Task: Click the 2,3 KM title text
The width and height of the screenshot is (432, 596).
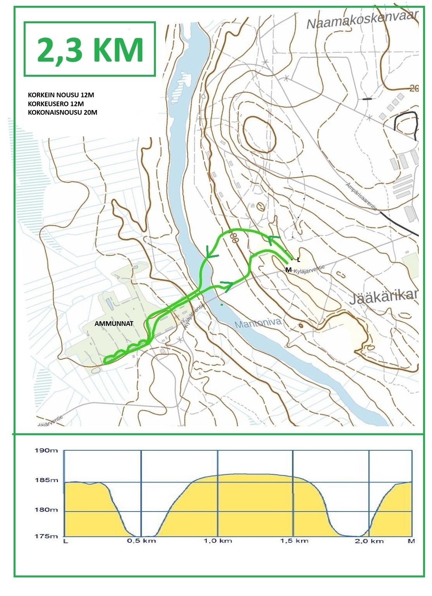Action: pyautogui.click(x=90, y=50)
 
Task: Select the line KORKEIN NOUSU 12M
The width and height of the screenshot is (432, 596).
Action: pyautogui.click(x=61, y=95)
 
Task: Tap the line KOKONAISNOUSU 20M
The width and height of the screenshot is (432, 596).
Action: pyautogui.click(x=62, y=112)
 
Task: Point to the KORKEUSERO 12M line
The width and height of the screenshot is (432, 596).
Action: pyautogui.click(x=56, y=104)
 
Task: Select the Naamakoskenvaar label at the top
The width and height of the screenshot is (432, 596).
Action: pyautogui.click(x=362, y=19)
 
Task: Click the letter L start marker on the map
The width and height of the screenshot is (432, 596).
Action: pyautogui.click(x=298, y=260)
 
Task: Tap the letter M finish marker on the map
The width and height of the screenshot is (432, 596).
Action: pyautogui.click(x=288, y=269)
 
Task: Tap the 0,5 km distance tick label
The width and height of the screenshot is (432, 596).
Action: pyautogui.click(x=141, y=541)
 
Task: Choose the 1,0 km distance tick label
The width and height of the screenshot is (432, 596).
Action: pyautogui.click(x=218, y=541)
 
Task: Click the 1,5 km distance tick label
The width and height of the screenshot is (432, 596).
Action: pyautogui.click(x=294, y=541)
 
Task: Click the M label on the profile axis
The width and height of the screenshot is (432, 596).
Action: pyautogui.click(x=412, y=541)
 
